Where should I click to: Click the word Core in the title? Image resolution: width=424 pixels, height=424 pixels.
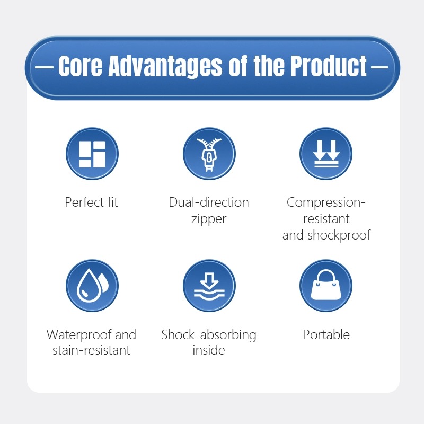(81, 66)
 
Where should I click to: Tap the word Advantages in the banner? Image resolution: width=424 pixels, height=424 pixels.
(165, 67)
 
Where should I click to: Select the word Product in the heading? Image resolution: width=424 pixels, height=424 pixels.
(329, 66)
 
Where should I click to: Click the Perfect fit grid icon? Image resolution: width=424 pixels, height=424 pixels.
(92, 154)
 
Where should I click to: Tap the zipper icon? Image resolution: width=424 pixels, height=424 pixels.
(209, 154)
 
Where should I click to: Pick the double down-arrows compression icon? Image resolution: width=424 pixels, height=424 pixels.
(326, 154)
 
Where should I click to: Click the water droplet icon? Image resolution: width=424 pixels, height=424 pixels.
(92, 286)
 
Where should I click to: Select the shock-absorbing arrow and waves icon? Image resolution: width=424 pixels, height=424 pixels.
(209, 286)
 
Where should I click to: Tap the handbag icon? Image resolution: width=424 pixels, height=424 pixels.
(326, 286)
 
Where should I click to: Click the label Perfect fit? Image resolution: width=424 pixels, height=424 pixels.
(91, 202)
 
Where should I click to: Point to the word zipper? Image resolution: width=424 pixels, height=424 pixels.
(209, 219)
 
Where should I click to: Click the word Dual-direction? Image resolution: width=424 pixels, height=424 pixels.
(209, 202)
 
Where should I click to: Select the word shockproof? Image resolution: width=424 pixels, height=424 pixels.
(339, 235)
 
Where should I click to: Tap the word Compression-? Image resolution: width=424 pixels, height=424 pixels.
(326, 202)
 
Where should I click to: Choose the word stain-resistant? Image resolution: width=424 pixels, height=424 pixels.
(91, 350)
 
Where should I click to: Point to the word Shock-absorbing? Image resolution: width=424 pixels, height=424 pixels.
(209, 335)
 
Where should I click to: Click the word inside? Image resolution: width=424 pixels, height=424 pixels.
(209, 350)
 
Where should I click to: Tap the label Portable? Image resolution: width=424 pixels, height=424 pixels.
(326, 335)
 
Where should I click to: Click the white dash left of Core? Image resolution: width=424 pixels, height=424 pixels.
(45, 66)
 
